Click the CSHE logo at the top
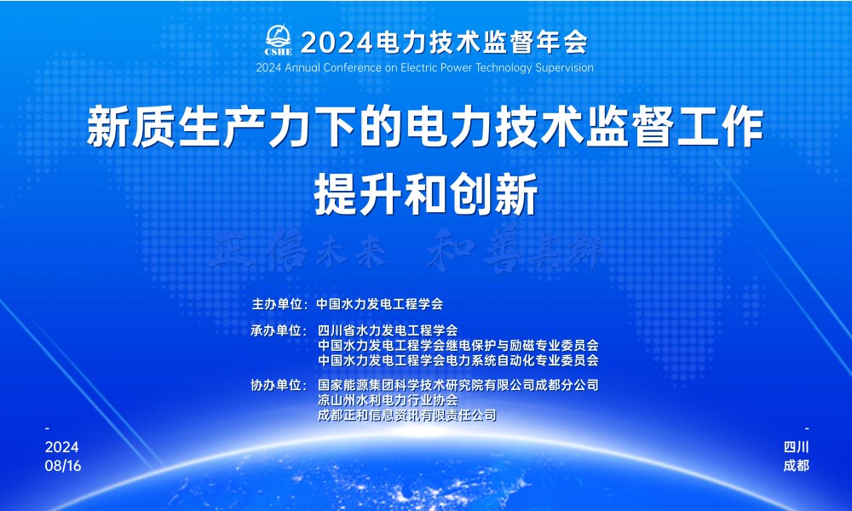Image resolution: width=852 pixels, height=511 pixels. click(x=279, y=38)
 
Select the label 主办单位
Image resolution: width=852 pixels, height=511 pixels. click(x=278, y=303)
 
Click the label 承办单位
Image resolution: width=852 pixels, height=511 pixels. click(x=278, y=330)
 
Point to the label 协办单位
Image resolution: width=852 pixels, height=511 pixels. click(x=278, y=385)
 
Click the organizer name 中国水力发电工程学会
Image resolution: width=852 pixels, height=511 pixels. click(x=380, y=303)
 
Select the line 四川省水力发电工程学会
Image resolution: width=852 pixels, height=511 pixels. click(x=388, y=330)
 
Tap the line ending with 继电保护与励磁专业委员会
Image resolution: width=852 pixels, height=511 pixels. click(x=458, y=346)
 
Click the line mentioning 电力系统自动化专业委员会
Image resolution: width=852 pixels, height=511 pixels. click(x=458, y=360)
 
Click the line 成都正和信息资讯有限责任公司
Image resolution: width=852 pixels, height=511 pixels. click(x=406, y=416)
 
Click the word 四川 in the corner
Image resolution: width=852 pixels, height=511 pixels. click(x=796, y=448)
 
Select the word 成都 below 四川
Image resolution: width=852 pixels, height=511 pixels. click(x=796, y=466)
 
